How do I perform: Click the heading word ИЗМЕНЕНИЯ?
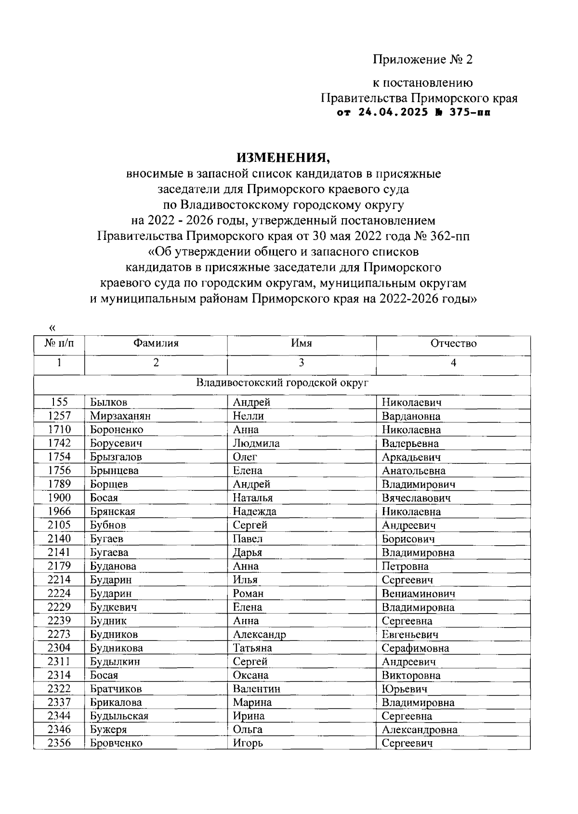283,158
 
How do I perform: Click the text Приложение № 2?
422,60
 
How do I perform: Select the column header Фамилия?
156,343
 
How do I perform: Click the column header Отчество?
453,343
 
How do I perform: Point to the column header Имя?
302,343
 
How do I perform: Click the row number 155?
59,402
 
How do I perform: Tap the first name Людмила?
256,443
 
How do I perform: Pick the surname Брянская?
113,512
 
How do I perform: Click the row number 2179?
59,566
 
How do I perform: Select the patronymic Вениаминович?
418,593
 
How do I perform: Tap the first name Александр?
259,634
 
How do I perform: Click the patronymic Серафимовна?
415,648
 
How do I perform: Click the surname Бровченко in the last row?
116,743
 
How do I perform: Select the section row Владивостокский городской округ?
282,383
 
